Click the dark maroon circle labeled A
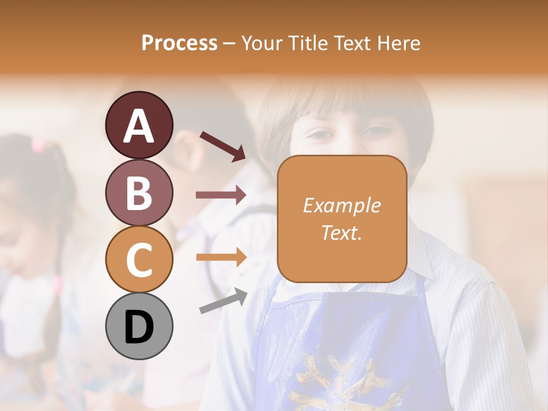coord(139,126)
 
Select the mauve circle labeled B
coord(139,192)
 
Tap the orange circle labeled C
coord(139,259)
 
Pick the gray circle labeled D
coord(139,326)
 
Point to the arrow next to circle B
coord(221,195)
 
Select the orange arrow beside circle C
coord(221,257)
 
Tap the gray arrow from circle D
coord(223,301)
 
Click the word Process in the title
coord(179,43)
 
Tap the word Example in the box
coord(341,206)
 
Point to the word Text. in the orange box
coord(341,232)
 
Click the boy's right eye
coord(321,135)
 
